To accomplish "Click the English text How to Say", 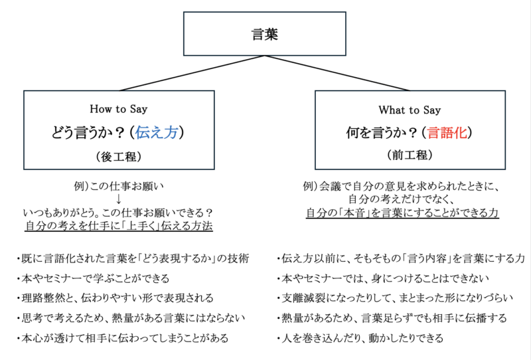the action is click(x=119, y=109).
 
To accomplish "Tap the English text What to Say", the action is click(x=410, y=110).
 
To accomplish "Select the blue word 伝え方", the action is click(x=157, y=132).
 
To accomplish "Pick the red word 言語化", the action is click(x=447, y=133).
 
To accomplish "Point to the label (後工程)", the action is click(x=119, y=157).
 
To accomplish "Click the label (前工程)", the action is click(x=410, y=155).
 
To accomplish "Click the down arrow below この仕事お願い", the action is click(x=119, y=199).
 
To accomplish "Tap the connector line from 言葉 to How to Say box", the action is click(x=192, y=73).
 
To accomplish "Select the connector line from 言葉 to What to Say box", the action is click(x=337, y=73).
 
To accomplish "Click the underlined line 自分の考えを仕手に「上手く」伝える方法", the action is click(x=119, y=226).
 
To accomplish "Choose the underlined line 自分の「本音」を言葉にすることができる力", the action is click(x=402, y=213).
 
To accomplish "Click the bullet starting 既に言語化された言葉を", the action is click(x=133, y=258).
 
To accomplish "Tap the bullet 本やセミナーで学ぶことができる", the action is click(x=93, y=279).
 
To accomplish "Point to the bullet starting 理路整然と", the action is click(x=115, y=298).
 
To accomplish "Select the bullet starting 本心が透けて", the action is click(x=123, y=338).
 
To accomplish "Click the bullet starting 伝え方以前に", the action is click(x=401, y=258).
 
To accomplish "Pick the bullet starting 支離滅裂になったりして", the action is click(x=395, y=298).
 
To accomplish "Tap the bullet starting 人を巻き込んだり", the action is click(x=360, y=338).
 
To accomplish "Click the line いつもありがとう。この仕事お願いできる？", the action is click(x=118, y=213).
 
